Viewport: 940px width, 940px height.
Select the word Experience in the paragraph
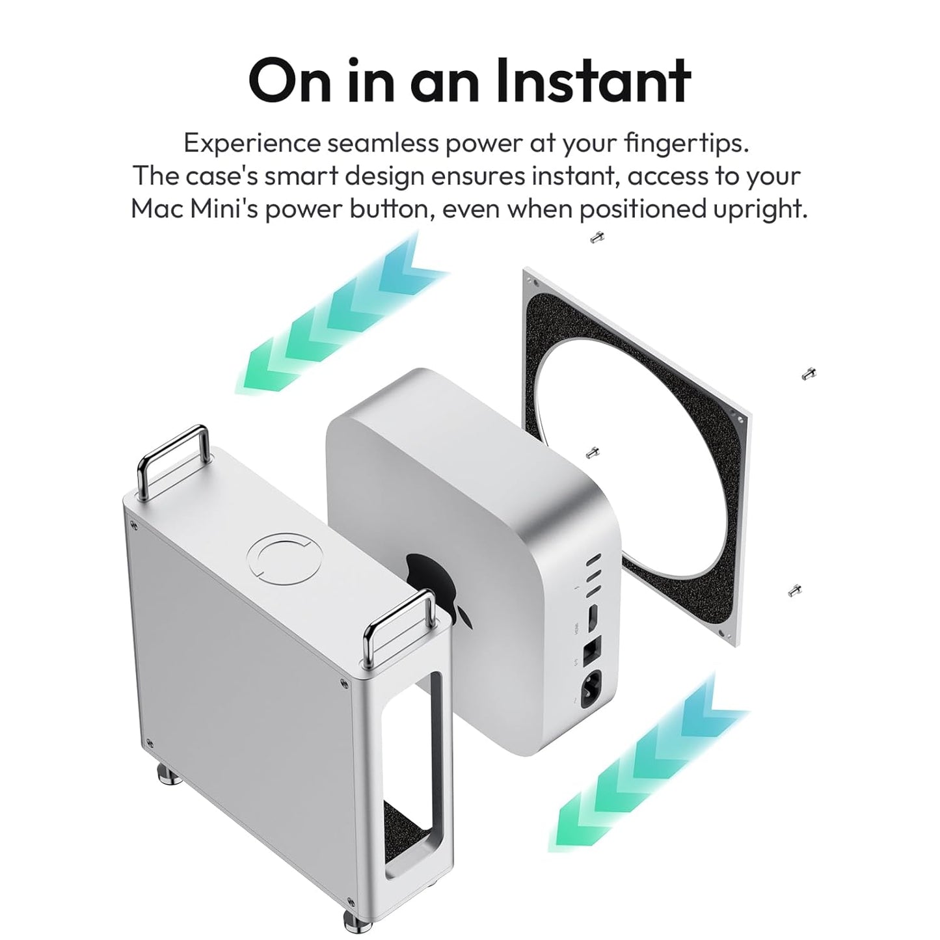coord(252,144)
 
